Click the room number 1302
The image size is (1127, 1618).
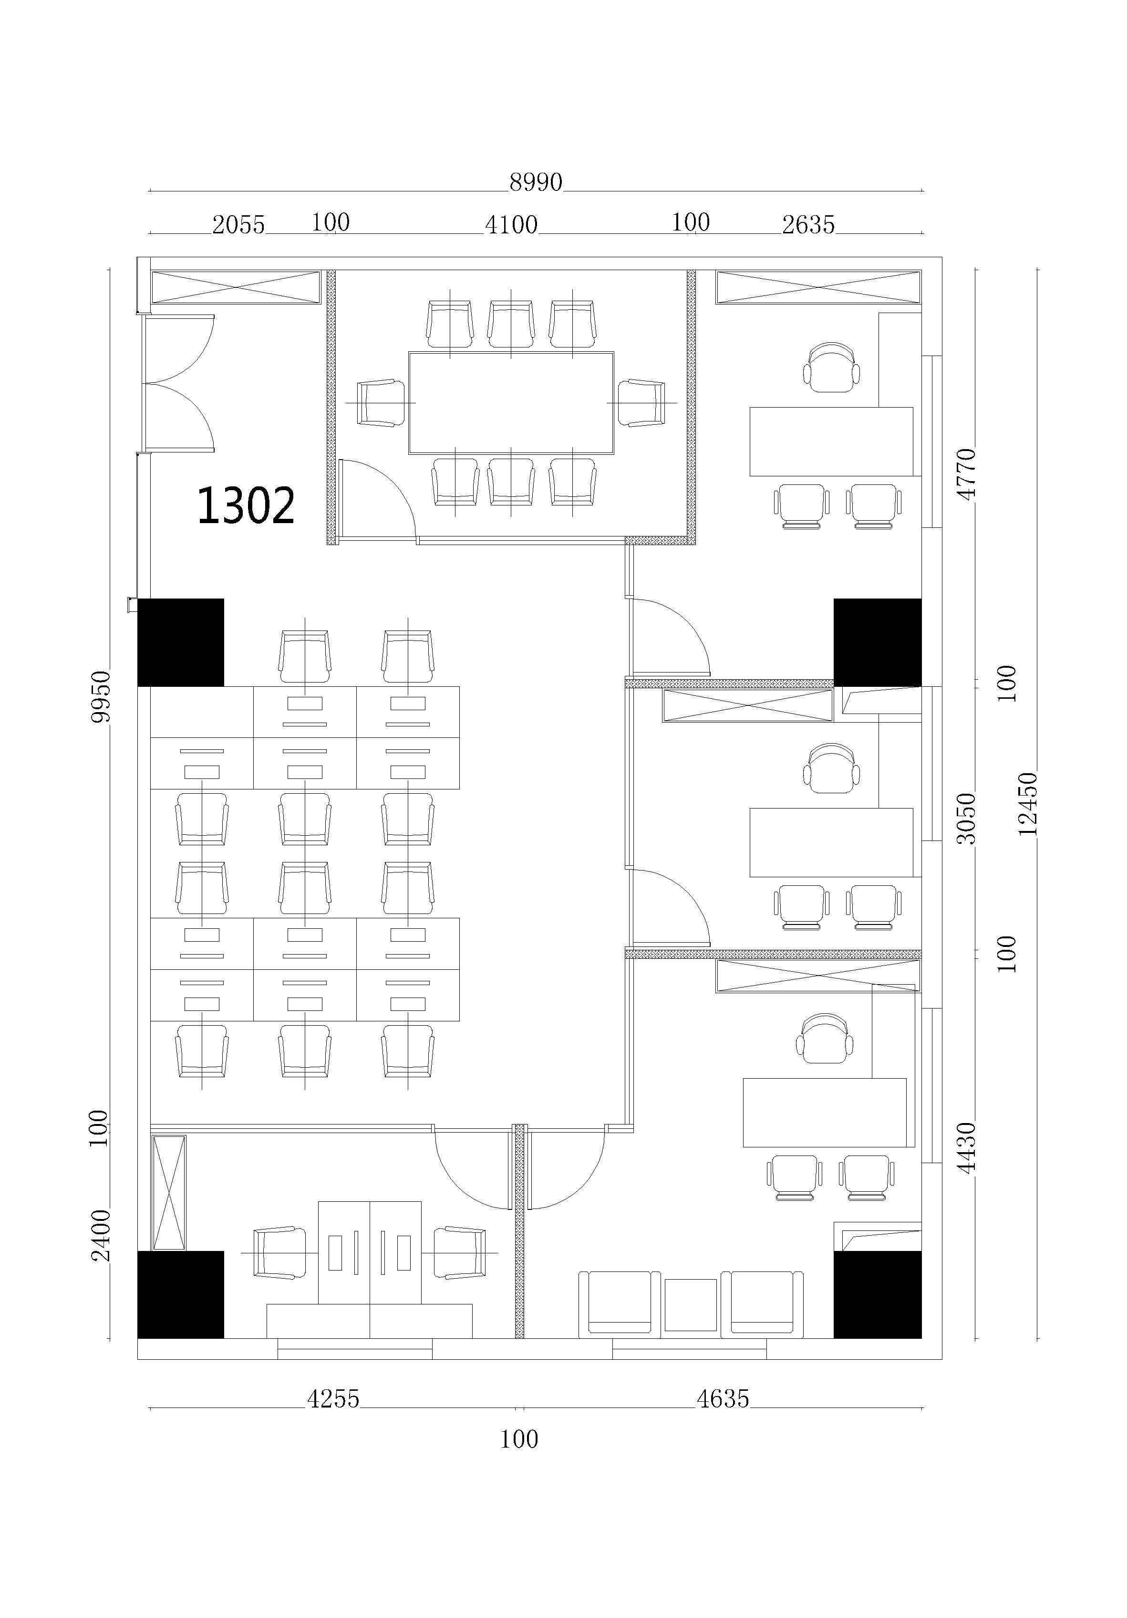(x=245, y=505)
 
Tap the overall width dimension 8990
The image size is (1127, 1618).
(x=536, y=182)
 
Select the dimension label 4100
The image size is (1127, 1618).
(x=511, y=225)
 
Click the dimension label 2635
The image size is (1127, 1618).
(x=808, y=225)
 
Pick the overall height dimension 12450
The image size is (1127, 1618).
(x=1028, y=803)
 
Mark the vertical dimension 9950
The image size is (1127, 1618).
(x=101, y=696)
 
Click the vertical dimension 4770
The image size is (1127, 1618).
(x=966, y=474)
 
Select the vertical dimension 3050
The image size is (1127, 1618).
(x=966, y=818)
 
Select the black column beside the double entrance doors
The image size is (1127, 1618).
(x=180, y=642)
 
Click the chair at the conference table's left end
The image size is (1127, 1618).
(x=381, y=403)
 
